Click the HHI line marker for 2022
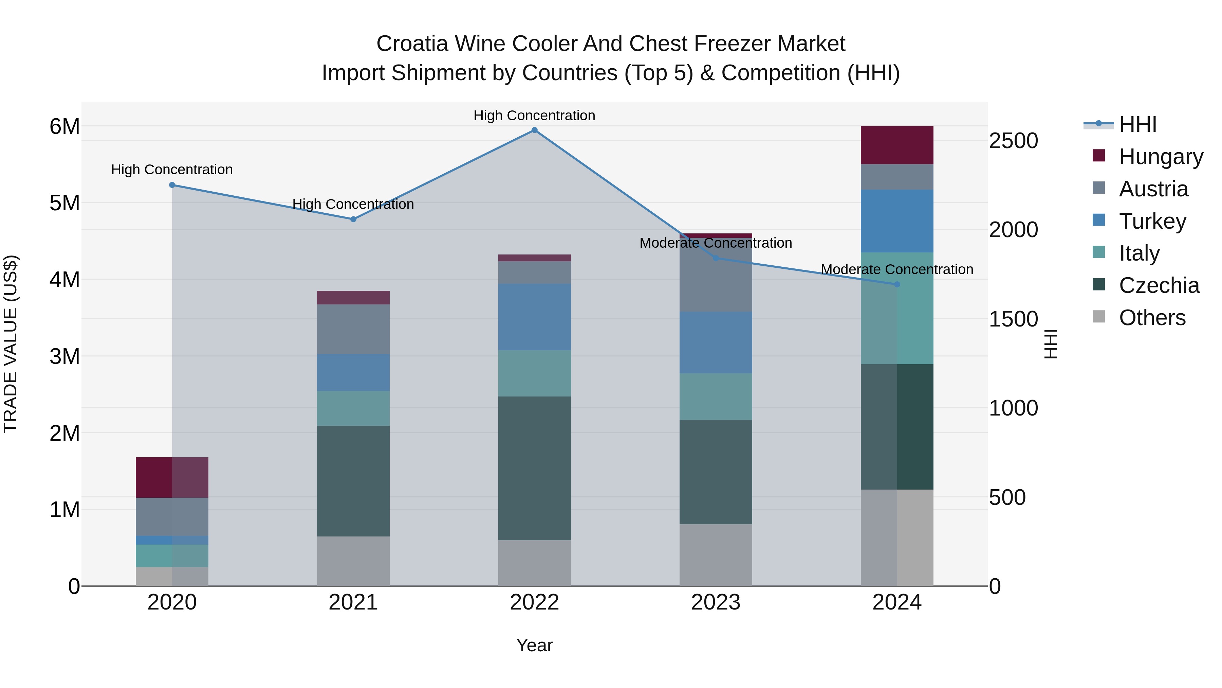pos(534,130)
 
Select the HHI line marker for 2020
pos(172,185)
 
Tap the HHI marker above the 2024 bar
pos(896,284)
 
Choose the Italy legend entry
pos(1138,253)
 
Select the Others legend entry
pos(1151,318)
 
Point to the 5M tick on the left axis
pos(64,203)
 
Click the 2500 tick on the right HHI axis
pos(1013,141)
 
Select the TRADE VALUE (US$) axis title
pos(11,344)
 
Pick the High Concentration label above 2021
pos(353,204)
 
